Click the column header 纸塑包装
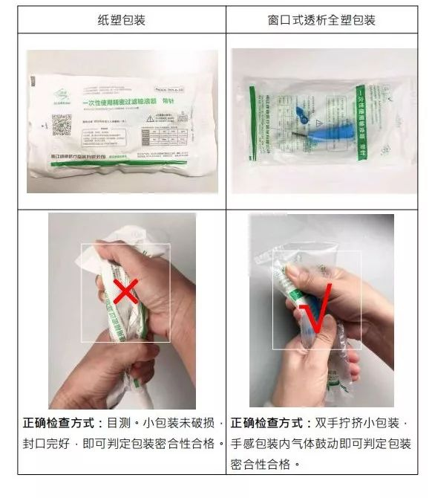coord(121,20)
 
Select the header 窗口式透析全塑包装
coord(321,20)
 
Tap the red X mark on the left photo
coord(125,291)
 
